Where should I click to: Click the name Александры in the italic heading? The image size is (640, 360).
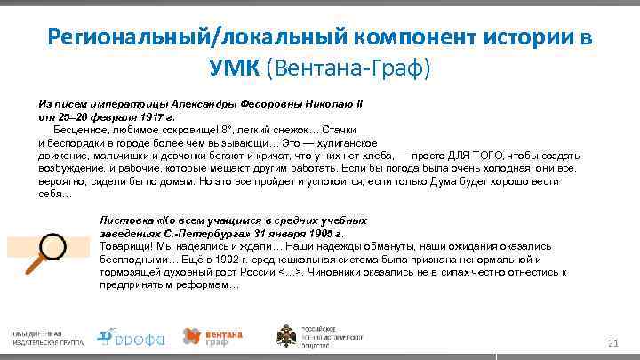point(198,103)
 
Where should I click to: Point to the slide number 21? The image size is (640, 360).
point(612,343)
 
